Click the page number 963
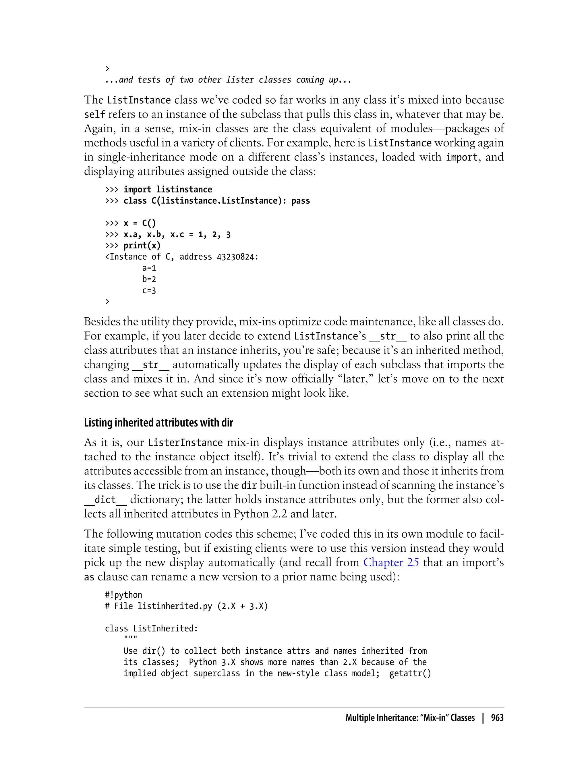point(497,718)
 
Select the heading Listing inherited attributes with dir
point(158,422)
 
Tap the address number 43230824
point(235,257)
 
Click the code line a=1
point(149,268)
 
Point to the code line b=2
point(149,279)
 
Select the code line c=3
point(149,291)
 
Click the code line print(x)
point(142,246)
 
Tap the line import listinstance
point(167,190)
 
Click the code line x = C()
point(139,223)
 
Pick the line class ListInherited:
point(151,628)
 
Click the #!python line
point(123,595)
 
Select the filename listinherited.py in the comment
point(175,606)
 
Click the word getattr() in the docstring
point(410,673)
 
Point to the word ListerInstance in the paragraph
point(185,443)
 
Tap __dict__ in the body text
point(105,500)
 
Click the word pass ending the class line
point(300,201)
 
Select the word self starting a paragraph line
point(94,114)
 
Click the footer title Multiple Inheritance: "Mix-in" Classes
point(410,718)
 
